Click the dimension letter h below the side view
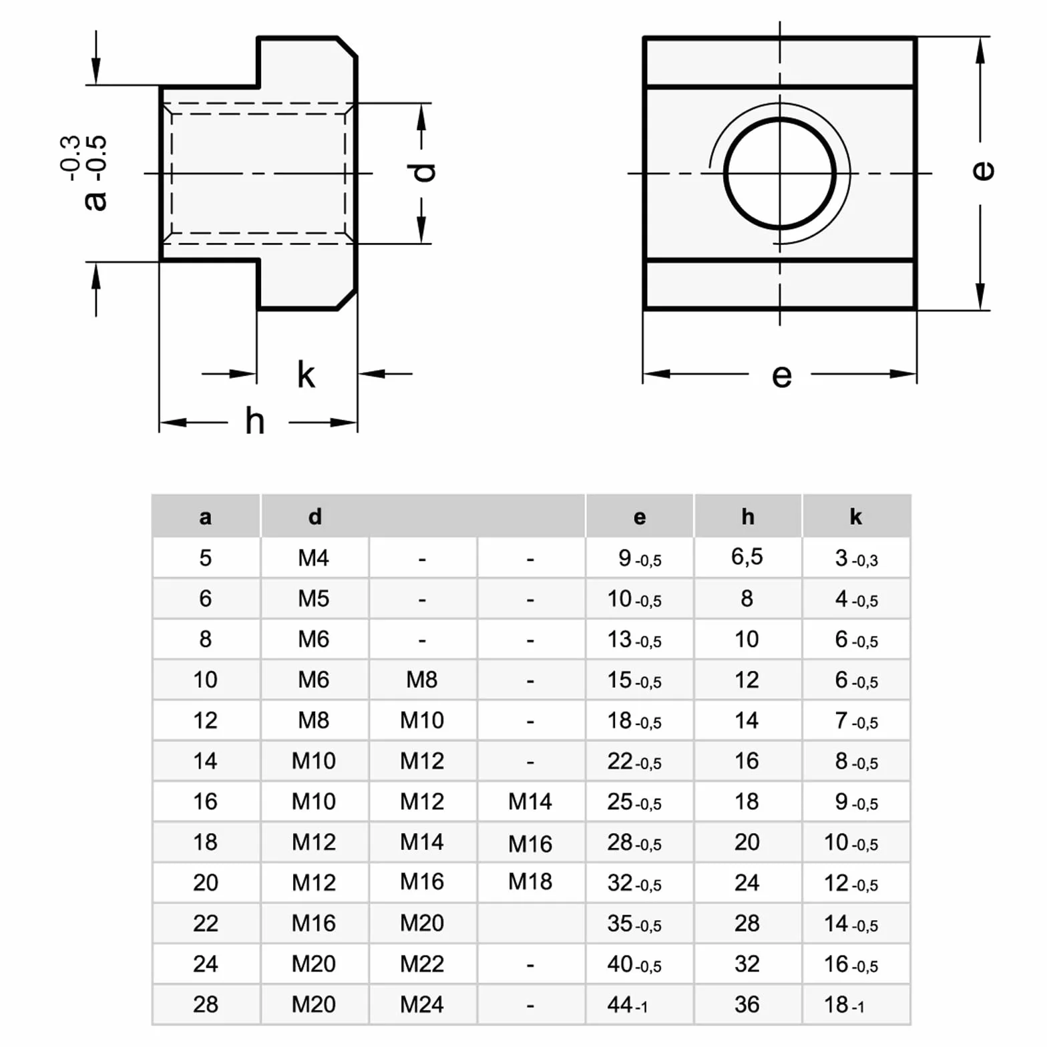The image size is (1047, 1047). [254, 421]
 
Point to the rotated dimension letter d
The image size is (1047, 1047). [422, 173]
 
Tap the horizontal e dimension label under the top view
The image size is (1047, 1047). [782, 376]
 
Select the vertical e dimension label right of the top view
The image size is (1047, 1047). [983, 171]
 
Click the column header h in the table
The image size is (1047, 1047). [748, 516]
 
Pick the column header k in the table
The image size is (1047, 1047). [856, 516]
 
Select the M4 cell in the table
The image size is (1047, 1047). [314, 558]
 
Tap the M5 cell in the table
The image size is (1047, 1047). [314, 598]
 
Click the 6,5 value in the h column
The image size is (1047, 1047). [747, 557]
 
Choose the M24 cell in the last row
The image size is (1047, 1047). [422, 1004]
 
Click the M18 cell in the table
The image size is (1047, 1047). [530, 882]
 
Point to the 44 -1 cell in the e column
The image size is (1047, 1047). [627, 1005]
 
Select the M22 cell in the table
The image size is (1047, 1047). [422, 964]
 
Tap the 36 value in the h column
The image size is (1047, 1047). [747, 1004]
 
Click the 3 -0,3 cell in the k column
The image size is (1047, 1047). [857, 558]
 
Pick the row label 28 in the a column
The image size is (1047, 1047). [206, 1004]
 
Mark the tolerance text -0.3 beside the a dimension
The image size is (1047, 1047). [70, 158]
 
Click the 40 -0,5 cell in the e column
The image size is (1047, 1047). [634, 964]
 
